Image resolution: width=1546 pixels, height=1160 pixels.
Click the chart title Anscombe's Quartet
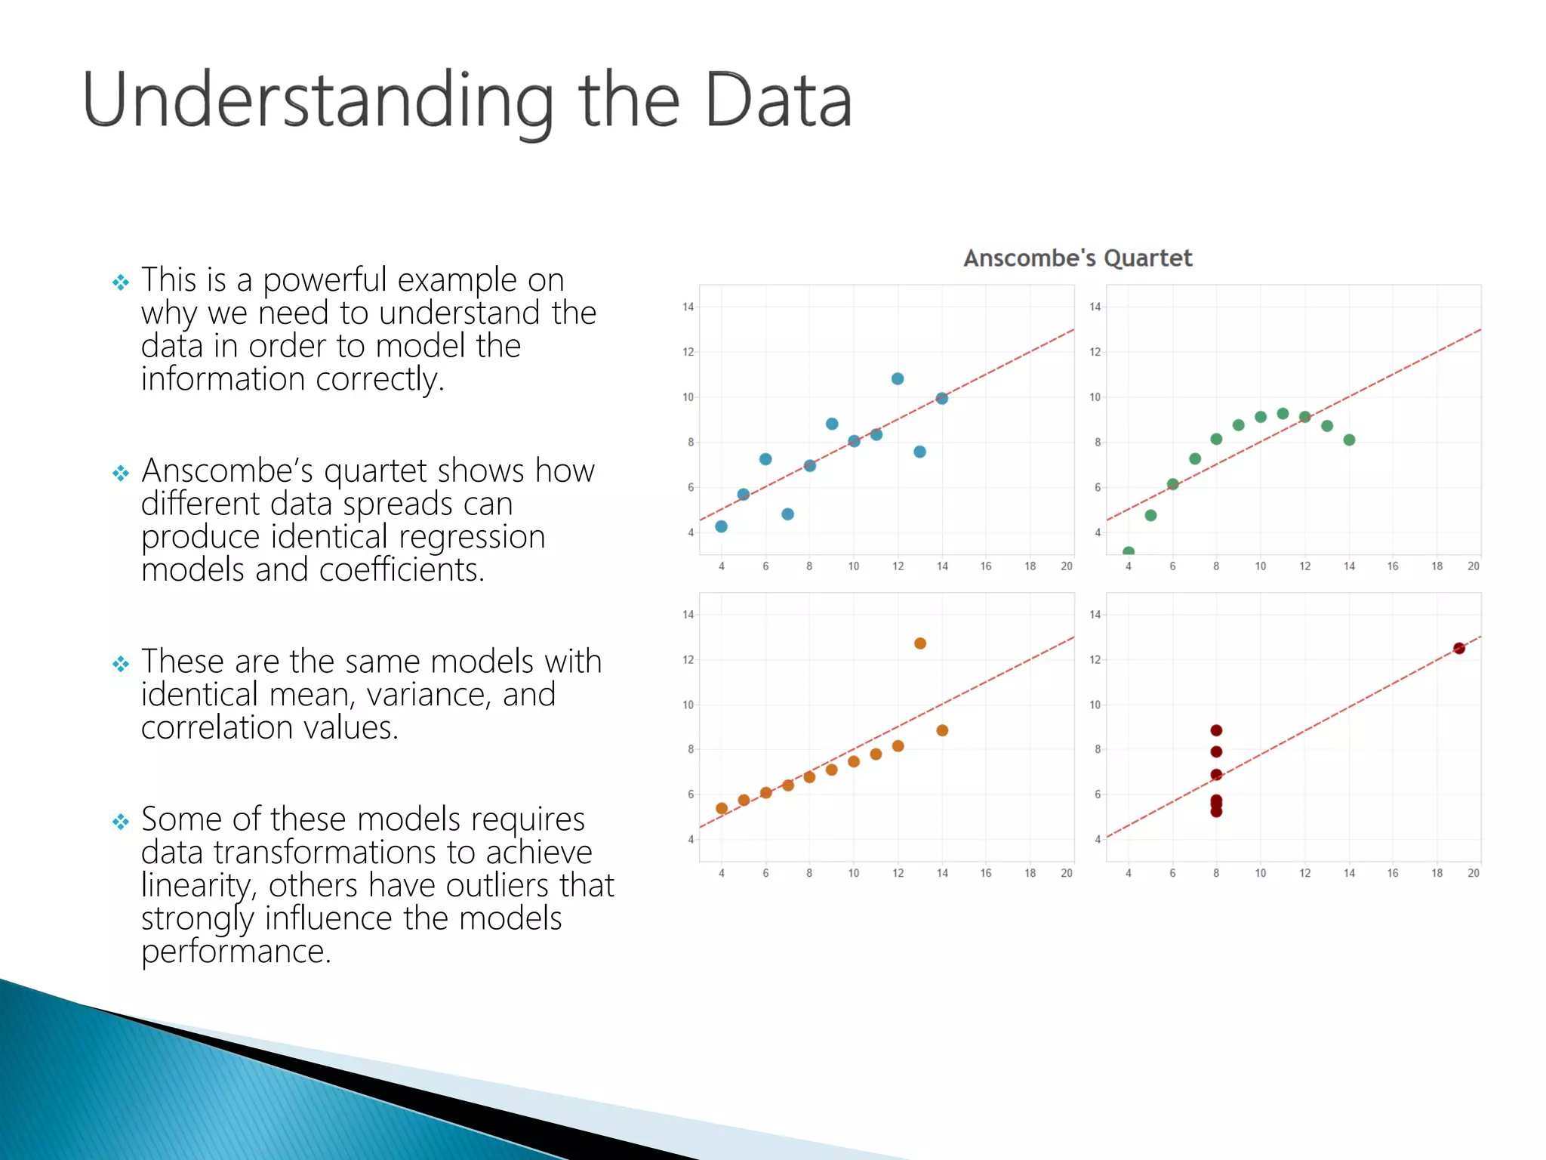(1077, 258)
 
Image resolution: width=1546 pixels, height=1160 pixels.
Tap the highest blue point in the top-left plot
(897, 378)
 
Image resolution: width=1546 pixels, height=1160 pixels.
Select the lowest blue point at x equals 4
(721, 526)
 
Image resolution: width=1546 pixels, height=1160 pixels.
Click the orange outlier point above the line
(919, 643)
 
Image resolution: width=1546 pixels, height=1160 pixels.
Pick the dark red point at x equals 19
(1458, 648)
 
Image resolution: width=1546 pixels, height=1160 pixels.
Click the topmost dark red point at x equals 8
(1216, 730)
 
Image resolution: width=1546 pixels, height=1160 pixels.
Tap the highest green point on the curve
(1283, 413)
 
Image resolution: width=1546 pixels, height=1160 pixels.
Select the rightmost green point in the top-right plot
(1349, 440)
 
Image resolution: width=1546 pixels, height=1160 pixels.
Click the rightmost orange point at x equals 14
(942, 730)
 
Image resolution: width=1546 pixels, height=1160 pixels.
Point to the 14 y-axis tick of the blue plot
(688, 307)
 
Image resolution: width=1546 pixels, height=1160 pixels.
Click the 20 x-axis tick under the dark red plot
(1473, 873)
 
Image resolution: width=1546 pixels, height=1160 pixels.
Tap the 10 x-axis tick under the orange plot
(853, 873)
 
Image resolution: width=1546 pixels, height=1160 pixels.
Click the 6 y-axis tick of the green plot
(1097, 487)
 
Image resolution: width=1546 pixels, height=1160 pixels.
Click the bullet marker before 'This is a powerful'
(121, 282)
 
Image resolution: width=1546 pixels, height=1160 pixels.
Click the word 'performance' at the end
(236, 952)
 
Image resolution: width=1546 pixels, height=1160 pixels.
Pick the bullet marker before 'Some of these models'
(121, 822)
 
